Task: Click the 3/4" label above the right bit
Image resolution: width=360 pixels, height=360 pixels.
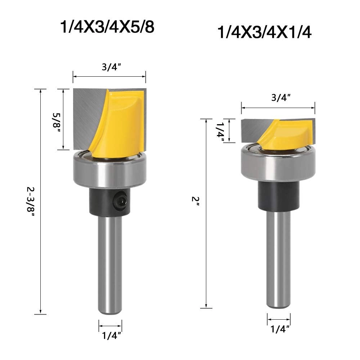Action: coord(278,97)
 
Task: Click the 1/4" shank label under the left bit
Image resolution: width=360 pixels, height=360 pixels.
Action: coord(110,336)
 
